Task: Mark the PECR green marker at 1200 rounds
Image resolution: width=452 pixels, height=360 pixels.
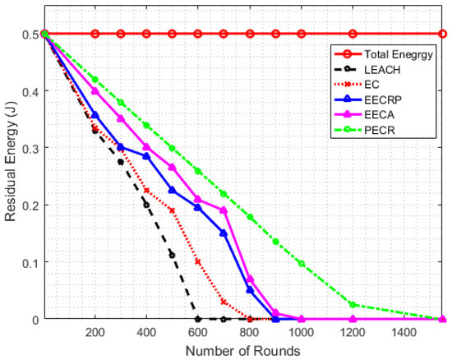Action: pyautogui.click(x=353, y=304)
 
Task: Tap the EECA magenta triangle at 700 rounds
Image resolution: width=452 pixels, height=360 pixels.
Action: pyautogui.click(x=224, y=210)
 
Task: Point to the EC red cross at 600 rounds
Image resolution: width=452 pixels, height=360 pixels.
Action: pyautogui.click(x=198, y=261)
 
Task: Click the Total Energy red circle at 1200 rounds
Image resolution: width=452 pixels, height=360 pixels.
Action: pyautogui.click(x=353, y=34)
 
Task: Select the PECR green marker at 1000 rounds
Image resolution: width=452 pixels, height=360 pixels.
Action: pyautogui.click(x=301, y=264)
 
